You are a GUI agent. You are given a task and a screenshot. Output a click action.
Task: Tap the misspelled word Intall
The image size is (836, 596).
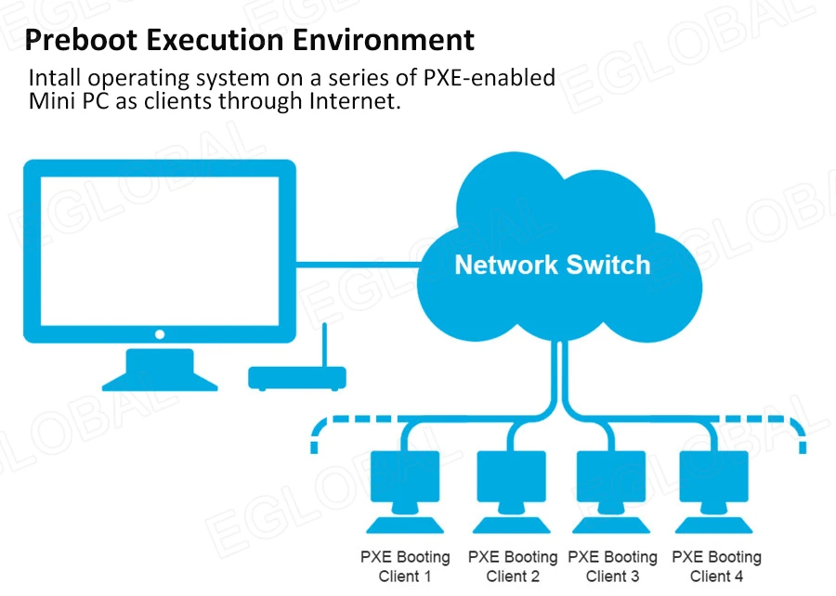tap(53, 76)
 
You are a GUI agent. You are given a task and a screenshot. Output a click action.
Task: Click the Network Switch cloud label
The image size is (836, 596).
tap(552, 265)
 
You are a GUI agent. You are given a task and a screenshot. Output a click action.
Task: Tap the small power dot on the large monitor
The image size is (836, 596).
tap(160, 334)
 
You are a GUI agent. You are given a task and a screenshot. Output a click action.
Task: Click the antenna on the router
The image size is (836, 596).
tap(325, 343)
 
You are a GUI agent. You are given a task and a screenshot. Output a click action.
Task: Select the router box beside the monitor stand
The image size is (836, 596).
tap(296, 377)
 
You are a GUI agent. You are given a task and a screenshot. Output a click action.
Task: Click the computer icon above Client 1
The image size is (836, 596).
tap(405, 483)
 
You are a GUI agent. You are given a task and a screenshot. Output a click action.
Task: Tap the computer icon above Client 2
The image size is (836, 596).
tap(512, 483)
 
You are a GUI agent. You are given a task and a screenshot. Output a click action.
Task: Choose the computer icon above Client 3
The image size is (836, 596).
tap(612, 483)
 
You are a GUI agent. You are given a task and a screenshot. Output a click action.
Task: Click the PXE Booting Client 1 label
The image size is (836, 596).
tap(405, 566)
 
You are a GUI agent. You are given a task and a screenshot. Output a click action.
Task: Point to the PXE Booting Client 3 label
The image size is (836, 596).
tap(612, 566)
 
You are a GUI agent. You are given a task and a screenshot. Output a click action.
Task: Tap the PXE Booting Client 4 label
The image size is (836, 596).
tap(716, 566)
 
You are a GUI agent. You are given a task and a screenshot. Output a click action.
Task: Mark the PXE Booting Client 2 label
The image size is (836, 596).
tap(512, 566)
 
